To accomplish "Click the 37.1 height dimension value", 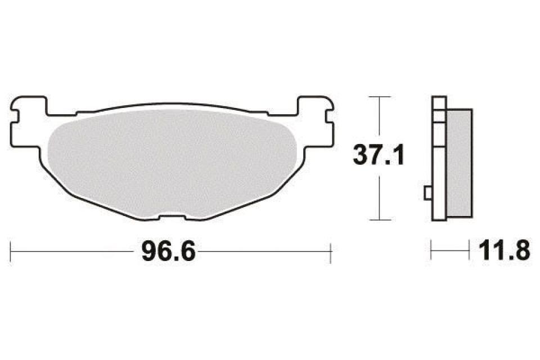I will coord(379,155).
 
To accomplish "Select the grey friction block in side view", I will coord(458,163).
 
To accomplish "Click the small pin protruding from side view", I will coord(427,193).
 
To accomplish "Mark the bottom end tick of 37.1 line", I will coord(381,219).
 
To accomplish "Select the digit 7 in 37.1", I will coord(379,155).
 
